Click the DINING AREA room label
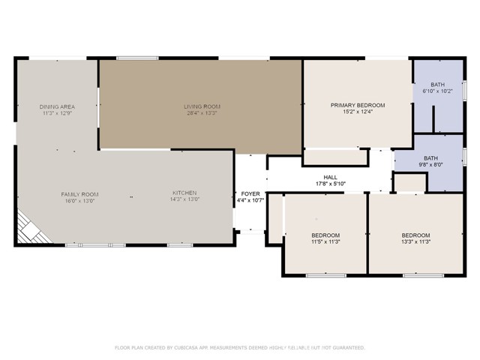point(57,106)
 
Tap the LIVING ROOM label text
point(202,106)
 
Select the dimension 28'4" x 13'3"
point(202,113)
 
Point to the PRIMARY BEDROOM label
point(358,105)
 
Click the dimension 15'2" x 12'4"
point(358,112)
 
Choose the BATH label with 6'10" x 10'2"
point(438,84)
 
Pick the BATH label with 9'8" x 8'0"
point(430,157)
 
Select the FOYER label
point(250,193)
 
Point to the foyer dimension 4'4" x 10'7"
point(250,200)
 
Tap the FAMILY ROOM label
point(79,194)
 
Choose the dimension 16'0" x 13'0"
point(79,201)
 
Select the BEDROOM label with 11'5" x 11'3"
point(325,235)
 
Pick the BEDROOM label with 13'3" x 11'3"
point(415,235)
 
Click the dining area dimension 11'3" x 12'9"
point(57,113)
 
